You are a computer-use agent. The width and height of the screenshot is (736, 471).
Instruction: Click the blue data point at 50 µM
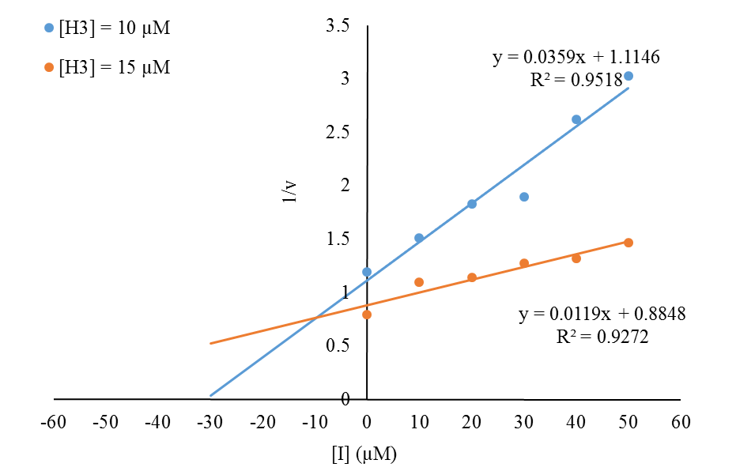(x=628, y=76)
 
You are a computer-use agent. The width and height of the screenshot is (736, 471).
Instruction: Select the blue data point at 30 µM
(x=524, y=197)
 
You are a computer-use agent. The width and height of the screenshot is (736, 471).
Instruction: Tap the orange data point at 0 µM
(x=367, y=315)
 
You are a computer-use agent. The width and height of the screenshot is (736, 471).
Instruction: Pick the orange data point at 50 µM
(x=628, y=243)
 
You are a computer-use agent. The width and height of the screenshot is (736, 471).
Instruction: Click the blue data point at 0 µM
(x=367, y=272)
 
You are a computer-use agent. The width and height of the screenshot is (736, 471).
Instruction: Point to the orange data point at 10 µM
(x=419, y=282)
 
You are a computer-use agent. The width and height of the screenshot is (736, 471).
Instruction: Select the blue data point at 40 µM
(x=576, y=119)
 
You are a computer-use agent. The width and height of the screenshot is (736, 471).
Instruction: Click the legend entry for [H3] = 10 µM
(x=107, y=29)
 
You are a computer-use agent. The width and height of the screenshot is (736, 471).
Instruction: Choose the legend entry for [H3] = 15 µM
(x=107, y=68)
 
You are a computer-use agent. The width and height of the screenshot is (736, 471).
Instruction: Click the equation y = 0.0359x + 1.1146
(x=576, y=57)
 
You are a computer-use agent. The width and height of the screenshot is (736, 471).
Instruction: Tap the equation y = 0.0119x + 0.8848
(x=602, y=314)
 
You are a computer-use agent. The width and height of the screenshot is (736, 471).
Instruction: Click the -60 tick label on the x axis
(x=54, y=422)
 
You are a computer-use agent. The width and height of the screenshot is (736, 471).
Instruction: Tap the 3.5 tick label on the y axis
(x=338, y=26)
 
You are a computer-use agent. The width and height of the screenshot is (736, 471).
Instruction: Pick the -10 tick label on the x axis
(x=315, y=422)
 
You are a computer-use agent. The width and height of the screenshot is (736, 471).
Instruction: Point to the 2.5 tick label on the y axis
(x=338, y=133)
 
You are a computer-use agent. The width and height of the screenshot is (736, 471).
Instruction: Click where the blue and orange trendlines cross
(x=315, y=318)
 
